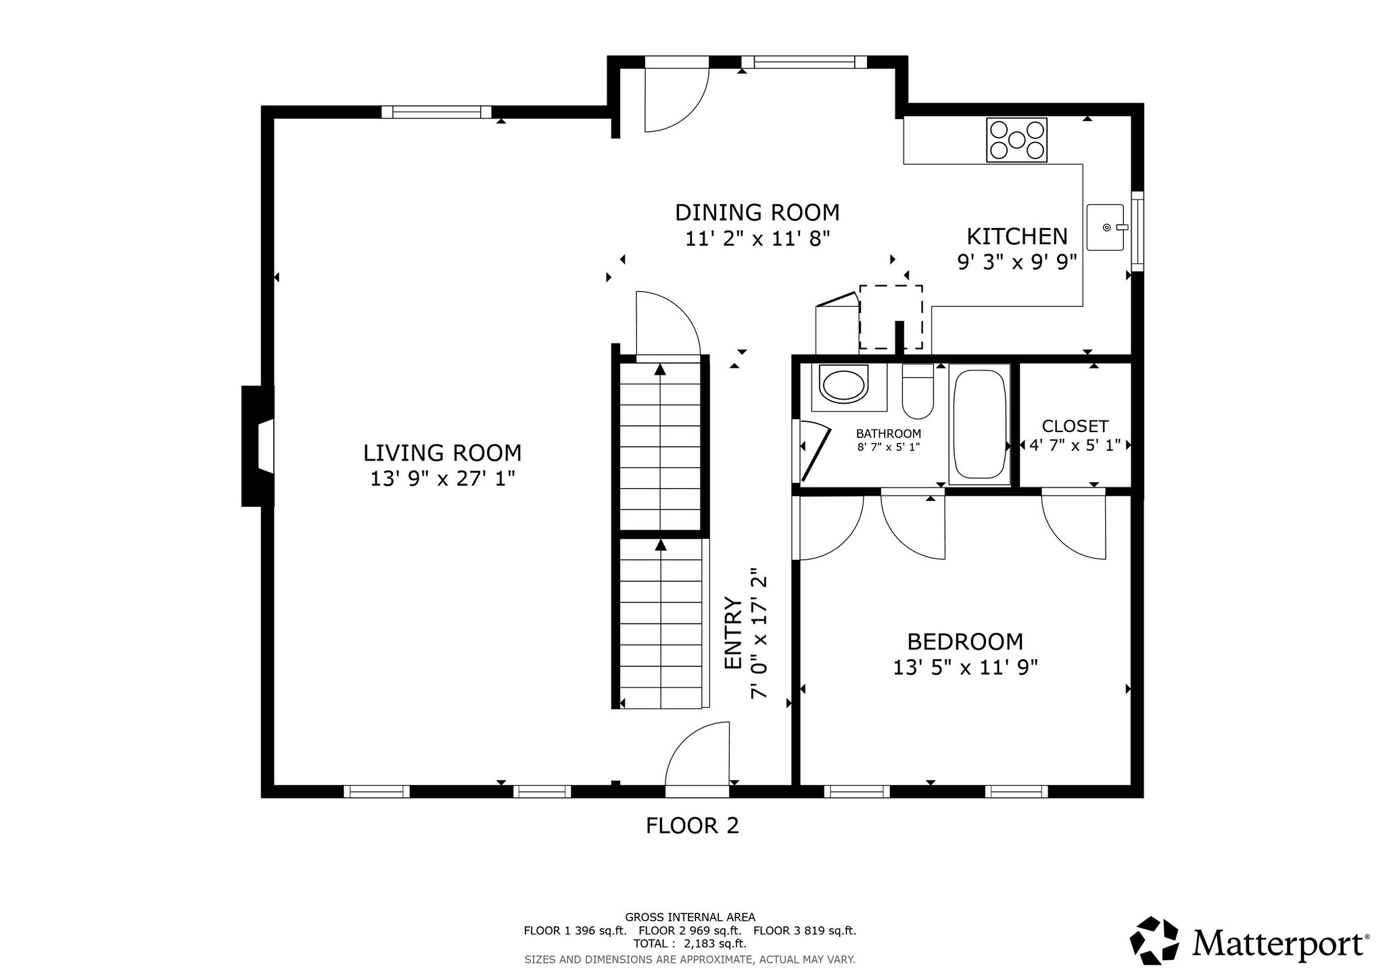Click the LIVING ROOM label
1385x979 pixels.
[442, 452]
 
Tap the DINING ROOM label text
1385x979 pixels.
[757, 212]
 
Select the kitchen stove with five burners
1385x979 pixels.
[1016, 140]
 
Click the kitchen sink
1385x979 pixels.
[1105, 227]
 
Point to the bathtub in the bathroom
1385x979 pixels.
[979, 424]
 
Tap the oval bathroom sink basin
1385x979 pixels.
[843, 384]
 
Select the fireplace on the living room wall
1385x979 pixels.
[258, 446]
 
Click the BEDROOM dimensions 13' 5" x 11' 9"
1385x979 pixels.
[965, 667]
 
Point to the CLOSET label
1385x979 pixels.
[1075, 426]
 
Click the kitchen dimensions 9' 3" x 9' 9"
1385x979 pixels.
[1016, 262]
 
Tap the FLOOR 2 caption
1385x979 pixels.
[692, 826]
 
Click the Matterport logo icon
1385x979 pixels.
[1154, 940]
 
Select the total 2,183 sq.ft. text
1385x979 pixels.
[690, 943]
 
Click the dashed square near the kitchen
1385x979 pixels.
[891, 317]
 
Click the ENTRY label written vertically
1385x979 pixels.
[734, 633]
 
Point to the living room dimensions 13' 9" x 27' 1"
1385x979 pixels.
[442, 479]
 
